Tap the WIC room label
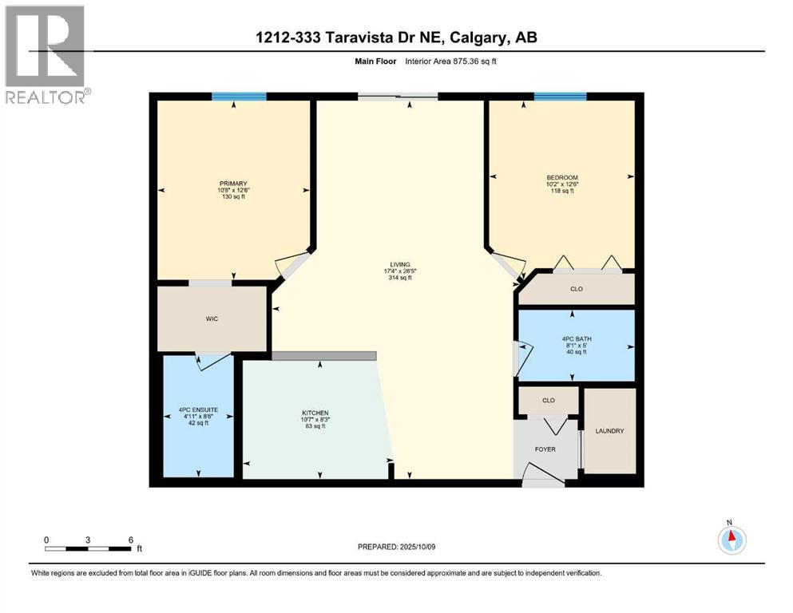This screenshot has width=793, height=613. tap(212, 319)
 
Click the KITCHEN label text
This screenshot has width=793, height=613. tap(316, 413)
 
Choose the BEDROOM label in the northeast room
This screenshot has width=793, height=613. tap(562, 177)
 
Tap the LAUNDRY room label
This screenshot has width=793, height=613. tap(610, 431)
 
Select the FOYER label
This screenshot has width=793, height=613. tap(545, 449)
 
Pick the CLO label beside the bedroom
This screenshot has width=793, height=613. tap(576, 289)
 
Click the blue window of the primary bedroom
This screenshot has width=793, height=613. tap(239, 97)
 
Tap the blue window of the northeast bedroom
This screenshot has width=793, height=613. tap(560, 97)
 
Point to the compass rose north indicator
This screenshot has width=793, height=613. tap(730, 539)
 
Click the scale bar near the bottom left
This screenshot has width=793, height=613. tap(88, 548)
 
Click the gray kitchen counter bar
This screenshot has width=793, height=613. tap(323, 356)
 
